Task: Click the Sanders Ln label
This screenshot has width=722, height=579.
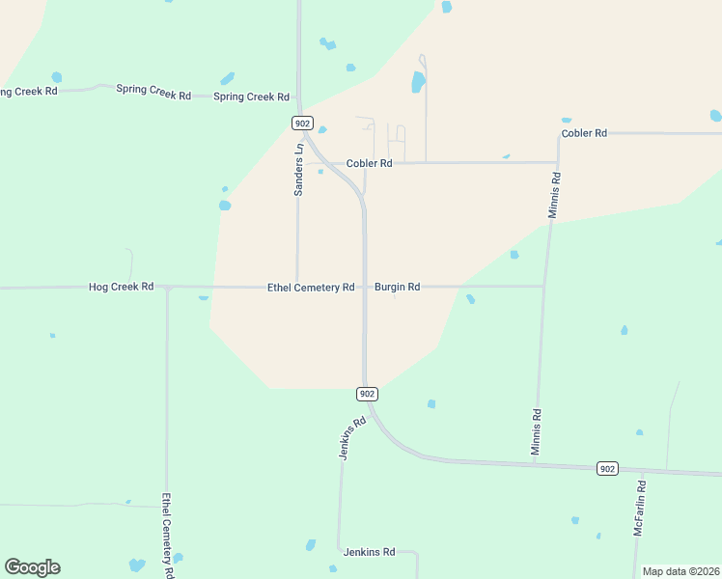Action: (x=299, y=170)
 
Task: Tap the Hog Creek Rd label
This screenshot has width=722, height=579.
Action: (x=121, y=287)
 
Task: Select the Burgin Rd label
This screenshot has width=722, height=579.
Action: (x=397, y=287)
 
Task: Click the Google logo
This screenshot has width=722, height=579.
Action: (x=32, y=567)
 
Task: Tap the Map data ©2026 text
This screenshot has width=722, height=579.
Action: (x=681, y=571)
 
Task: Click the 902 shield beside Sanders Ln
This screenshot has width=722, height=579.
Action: (x=302, y=123)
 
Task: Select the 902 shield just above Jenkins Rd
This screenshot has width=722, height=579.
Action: (x=367, y=394)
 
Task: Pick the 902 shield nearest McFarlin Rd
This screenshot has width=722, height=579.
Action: (x=606, y=468)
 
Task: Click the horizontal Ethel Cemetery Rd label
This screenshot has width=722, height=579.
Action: (x=311, y=287)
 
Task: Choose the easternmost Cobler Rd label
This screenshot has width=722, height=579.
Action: (x=584, y=133)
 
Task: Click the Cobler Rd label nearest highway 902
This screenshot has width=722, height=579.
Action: (x=369, y=164)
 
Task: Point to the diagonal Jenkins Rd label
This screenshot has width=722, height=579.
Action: (x=353, y=437)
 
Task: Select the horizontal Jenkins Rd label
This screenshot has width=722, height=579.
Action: (x=369, y=552)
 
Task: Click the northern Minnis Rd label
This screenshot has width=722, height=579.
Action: (x=554, y=195)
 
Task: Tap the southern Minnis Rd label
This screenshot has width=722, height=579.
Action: (x=537, y=431)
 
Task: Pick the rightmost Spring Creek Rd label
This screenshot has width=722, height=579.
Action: (x=251, y=96)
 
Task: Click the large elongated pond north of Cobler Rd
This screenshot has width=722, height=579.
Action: (x=418, y=82)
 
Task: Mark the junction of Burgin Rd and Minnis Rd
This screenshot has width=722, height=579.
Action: (x=543, y=286)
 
